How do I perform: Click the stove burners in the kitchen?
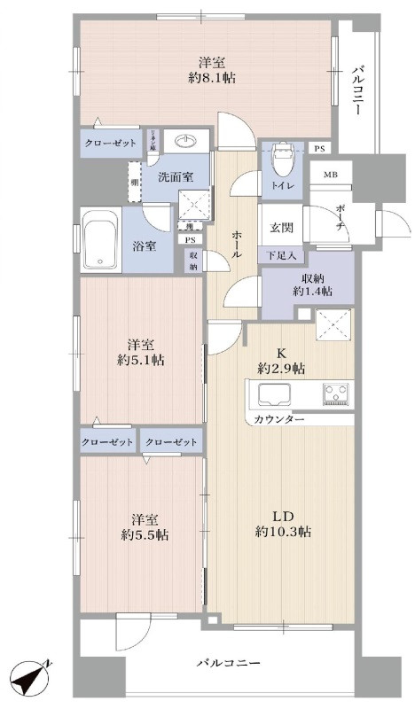point(337,391)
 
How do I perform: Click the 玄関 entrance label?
point(281,227)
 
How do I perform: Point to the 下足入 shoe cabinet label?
point(281,255)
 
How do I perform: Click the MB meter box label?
point(329,175)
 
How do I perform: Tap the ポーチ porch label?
point(342,218)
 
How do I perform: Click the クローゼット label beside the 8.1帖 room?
point(110,143)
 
